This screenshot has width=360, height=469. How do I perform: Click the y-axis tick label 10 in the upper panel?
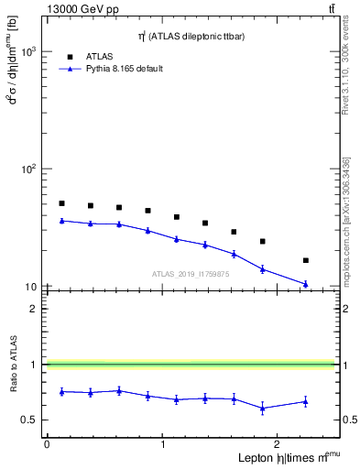coord(29,287)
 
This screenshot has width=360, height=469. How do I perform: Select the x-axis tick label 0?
coord(47,444)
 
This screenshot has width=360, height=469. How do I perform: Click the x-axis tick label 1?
coord(163,444)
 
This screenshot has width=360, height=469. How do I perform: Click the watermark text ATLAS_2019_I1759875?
coord(191,274)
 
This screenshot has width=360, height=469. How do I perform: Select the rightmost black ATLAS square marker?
coord(305,260)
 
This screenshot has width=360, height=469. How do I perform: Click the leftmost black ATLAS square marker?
coord(61,203)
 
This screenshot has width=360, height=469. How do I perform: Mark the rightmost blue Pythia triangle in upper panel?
coord(305,284)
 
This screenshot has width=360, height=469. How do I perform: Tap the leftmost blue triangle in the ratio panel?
coord(61,391)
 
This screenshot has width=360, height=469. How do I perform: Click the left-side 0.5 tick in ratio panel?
coord(31,420)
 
